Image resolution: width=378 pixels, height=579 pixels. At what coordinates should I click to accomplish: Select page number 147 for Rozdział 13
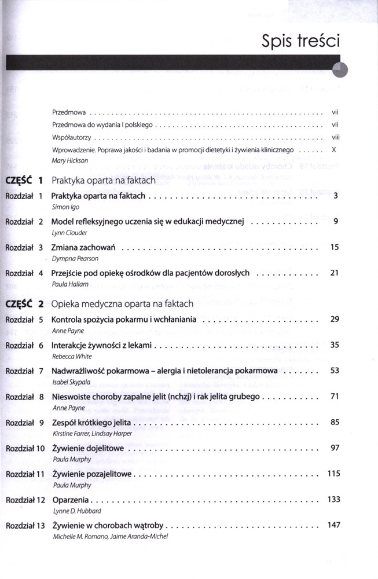click(x=333, y=525)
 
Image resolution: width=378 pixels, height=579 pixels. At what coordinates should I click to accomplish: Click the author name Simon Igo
click(x=65, y=207)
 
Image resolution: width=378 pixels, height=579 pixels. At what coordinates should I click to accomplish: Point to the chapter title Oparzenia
click(x=71, y=500)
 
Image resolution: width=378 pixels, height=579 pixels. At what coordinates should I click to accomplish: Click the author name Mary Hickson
click(x=70, y=161)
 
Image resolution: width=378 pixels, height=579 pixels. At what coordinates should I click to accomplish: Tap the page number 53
click(x=335, y=371)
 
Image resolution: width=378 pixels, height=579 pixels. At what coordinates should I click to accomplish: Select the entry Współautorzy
click(x=71, y=137)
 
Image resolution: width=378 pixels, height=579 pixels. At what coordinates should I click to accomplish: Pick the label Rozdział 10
click(x=25, y=449)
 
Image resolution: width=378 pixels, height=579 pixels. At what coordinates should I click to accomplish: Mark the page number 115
click(x=333, y=474)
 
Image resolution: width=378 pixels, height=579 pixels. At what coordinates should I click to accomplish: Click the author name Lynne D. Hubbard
click(x=77, y=511)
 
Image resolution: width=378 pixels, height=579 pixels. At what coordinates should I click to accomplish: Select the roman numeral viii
click(x=335, y=137)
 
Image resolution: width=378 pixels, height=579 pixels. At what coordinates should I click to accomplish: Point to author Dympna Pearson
click(x=75, y=259)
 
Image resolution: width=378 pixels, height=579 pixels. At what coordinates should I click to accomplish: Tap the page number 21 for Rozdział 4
click(x=335, y=273)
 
